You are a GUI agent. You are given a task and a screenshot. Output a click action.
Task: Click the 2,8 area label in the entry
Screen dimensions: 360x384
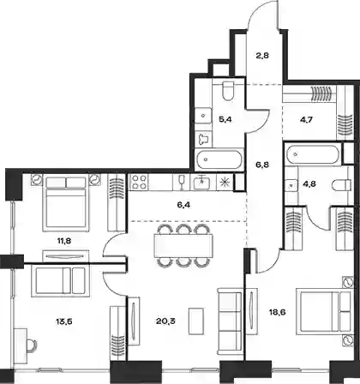click(262, 56)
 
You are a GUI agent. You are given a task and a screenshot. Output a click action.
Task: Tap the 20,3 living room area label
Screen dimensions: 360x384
click(165, 321)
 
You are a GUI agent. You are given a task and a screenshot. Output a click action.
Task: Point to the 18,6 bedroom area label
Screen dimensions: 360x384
click(277, 312)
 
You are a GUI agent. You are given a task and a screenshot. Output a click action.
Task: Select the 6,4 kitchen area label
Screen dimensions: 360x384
click(184, 205)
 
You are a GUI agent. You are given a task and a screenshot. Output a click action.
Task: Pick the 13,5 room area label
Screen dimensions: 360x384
click(63, 321)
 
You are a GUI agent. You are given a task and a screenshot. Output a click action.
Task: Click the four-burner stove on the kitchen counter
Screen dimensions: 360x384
click(139, 182)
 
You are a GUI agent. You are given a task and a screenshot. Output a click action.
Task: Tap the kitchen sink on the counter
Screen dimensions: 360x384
click(202, 183)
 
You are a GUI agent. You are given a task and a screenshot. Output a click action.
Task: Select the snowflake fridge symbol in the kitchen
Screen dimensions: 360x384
click(225, 182)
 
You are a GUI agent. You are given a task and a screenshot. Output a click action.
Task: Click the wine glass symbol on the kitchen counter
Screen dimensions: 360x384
click(180, 182)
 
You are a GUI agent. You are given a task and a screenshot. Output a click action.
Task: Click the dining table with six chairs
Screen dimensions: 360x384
click(183, 245)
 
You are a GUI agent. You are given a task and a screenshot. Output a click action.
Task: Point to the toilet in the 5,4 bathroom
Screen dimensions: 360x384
click(228, 91)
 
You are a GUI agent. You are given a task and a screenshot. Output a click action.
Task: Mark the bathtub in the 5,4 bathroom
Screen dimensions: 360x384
click(219, 159)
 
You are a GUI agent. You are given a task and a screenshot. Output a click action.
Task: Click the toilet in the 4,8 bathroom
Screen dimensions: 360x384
click(342, 184)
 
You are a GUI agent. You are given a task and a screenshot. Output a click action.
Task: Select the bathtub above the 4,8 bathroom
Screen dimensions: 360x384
click(313, 154)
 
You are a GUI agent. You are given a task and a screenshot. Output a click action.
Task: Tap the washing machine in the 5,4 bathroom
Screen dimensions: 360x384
click(204, 139)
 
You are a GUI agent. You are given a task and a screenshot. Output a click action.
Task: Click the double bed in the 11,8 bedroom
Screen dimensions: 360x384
click(66, 204)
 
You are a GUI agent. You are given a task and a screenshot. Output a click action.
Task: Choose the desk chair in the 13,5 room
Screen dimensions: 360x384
click(31, 345)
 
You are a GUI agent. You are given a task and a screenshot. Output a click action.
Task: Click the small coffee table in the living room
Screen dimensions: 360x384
click(196, 319)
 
